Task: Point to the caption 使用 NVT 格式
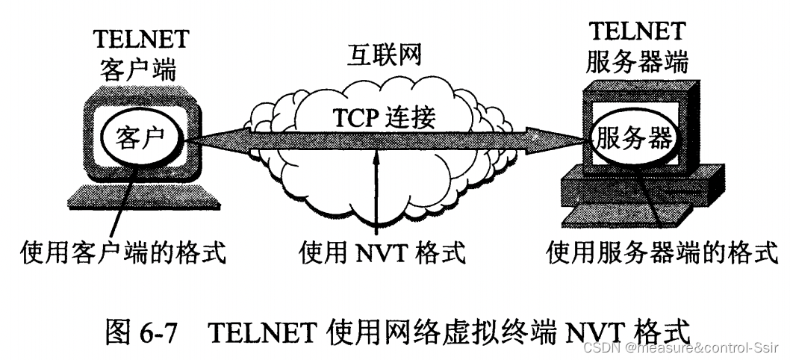coord(382,252)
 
